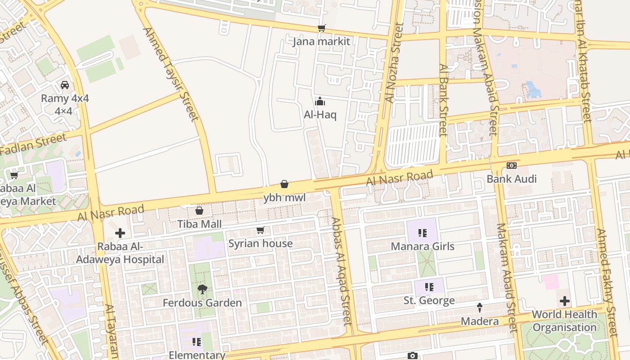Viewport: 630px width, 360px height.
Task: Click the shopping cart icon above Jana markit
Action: click(x=321, y=28)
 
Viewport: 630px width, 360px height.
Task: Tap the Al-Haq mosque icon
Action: click(x=320, y=101)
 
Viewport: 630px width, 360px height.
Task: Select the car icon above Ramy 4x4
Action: click(x=65, y=85)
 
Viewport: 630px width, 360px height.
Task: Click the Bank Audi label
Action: click(x=512, y=179)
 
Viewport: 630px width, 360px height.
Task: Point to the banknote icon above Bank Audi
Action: click(x=511, y=166)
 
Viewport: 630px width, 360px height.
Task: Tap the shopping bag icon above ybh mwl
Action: click(x=284, y=184)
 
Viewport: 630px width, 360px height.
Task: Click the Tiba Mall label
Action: click(x=199, y=224)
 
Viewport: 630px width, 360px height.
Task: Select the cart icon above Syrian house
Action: click(x=260, y=230)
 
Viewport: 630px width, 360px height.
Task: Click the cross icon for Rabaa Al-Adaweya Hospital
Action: click(x=120, y=233)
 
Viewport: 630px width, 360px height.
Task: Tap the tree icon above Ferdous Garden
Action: click(x=202, y=289)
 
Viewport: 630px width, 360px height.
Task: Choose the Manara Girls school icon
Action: click(x=422, y=233)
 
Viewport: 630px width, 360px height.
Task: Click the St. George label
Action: click(x=429, y=301)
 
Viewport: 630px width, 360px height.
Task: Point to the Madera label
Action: click(x=480, y=321)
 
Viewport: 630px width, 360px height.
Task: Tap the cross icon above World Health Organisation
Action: click(x=564, y=301)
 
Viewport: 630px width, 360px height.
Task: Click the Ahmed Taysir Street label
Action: click(x=171, y=74)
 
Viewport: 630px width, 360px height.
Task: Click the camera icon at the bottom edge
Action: click(x=412, y=356)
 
